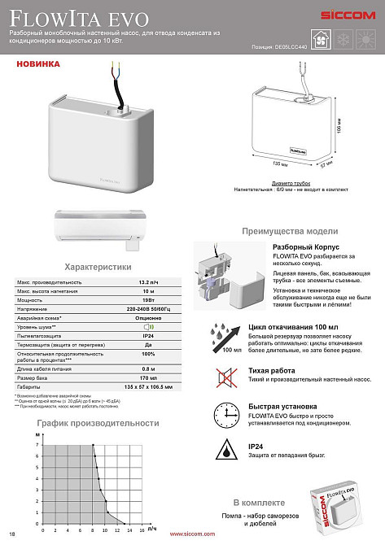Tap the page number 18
[11, 534]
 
